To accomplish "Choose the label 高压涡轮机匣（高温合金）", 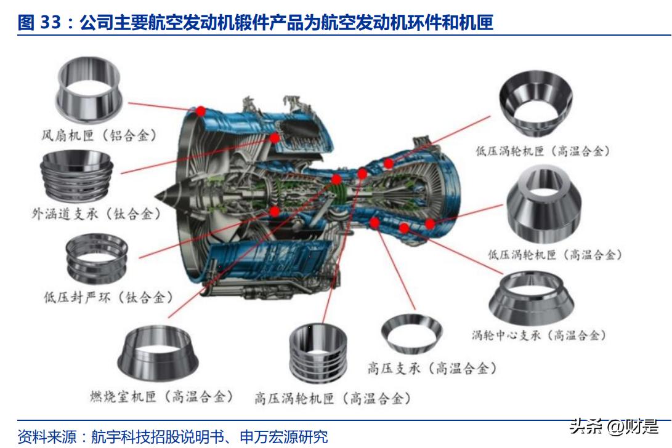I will coord(333,398).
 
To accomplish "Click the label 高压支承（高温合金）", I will coord(431,368).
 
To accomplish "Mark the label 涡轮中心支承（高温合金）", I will coord(539,335).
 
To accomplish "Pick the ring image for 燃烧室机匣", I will coord(158,354).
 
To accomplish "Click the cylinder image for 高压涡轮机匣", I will coord(318,353).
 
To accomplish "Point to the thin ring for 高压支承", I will coord(411,333).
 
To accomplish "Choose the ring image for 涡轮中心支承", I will coord(531,299).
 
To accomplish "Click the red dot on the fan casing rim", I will coord(200,111).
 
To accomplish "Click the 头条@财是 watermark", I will coord(613,426).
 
